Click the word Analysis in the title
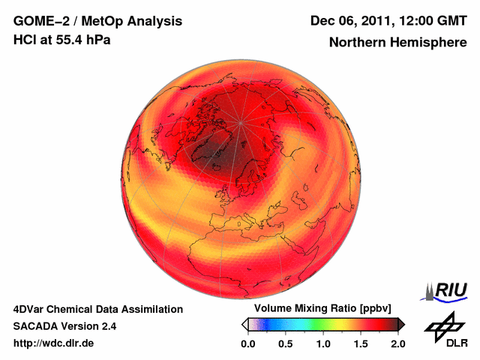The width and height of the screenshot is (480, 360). (156, 20)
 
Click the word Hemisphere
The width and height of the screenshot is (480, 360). (426, 42)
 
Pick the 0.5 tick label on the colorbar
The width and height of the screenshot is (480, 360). (285, 343)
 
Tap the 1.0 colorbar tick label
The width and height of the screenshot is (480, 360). (322, 343)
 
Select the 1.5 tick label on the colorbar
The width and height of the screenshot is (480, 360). (360, 343)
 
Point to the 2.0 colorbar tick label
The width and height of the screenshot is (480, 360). (397, 343)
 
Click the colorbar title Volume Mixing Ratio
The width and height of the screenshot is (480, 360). (306, 309)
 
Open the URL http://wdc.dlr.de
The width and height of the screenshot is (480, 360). (54, 343)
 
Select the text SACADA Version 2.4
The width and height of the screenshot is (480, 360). (64, 326)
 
